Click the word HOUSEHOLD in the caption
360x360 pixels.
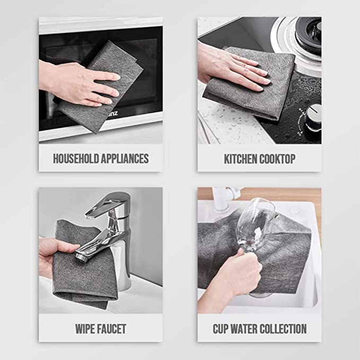[x=75, y=158]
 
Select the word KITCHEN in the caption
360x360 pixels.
[x=241, y=158]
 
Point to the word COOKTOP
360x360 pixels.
[x=278, y=158]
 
